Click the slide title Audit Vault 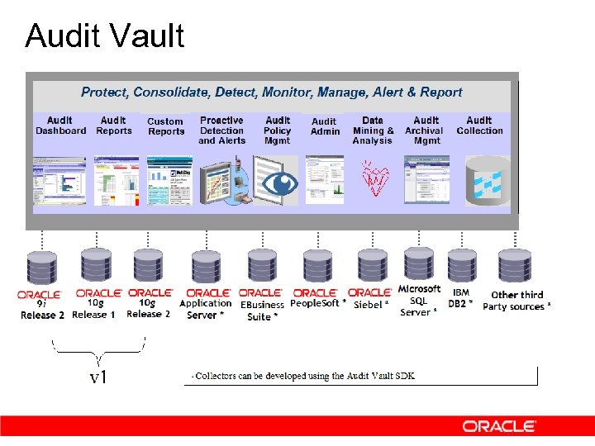[x=105, y=36]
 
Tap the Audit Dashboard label [x=60, y=126]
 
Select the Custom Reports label [x=166, y=126]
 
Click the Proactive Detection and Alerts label [x=221, y=130]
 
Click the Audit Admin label [x=325, y=126]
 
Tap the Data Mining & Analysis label [x=373, y=130]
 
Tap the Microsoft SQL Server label [x=419, y=301]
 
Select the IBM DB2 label [x=461, y=298]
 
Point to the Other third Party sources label [x=517, y=301]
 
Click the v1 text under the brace [x=98, y=377]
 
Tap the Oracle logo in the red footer [x=499, y=426]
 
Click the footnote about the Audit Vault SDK [x=304, y=376]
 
